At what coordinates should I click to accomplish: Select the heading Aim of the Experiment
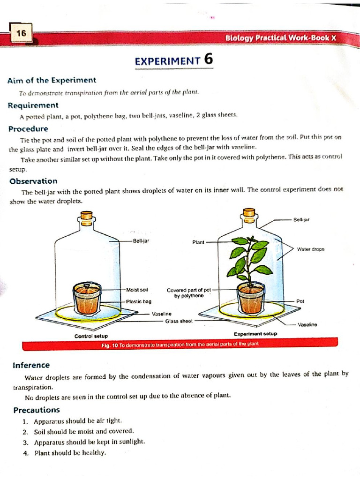[x=52, y=80]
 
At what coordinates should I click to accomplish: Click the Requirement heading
[x=33, y=105]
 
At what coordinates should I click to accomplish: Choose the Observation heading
[x=33, y=181]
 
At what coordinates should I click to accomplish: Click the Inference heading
[x=31, y=365]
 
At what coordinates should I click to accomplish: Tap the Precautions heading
[x=37, y=410]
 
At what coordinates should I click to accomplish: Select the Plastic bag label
[x=138, y=301]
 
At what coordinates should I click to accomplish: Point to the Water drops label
[x=310, y=249]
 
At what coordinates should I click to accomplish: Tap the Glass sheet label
[x=179, y=321]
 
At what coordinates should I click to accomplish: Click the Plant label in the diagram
[x=198, y=242]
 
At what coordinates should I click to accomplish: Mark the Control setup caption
[x=91, y=336]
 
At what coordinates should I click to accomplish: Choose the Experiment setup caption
[x=255, y=334]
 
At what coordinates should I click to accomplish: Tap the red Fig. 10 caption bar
[x=180, y=345]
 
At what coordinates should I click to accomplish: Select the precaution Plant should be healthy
[x=70, y=453]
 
